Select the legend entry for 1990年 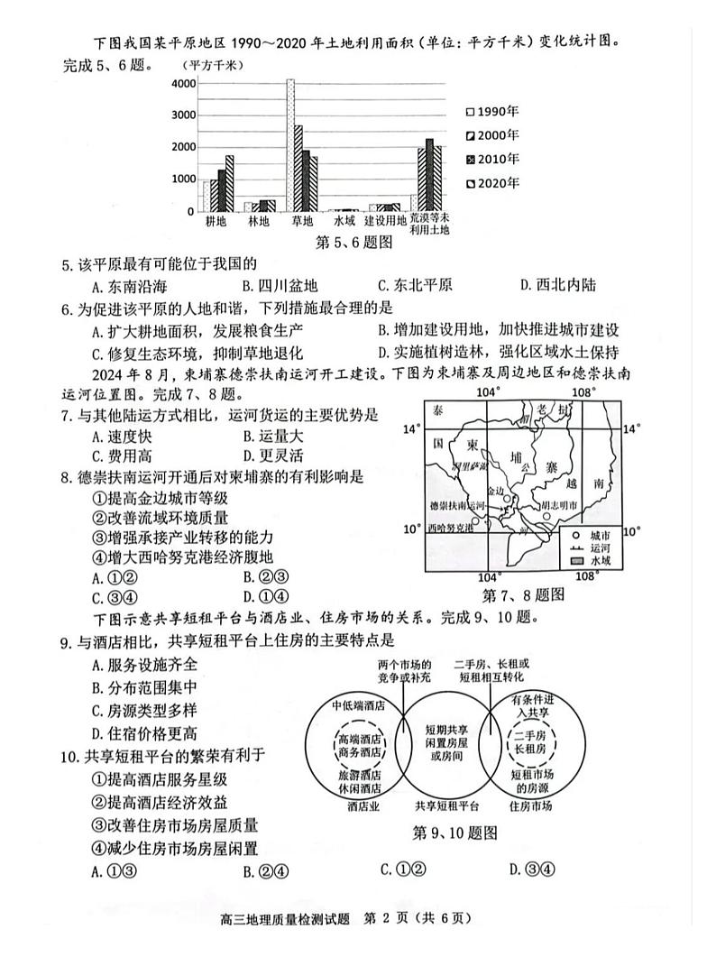(494, 112)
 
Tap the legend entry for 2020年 (494, 183)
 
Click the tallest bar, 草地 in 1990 (290, 144)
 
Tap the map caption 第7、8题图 (523, 595)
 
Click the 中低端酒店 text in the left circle (357, 706)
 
